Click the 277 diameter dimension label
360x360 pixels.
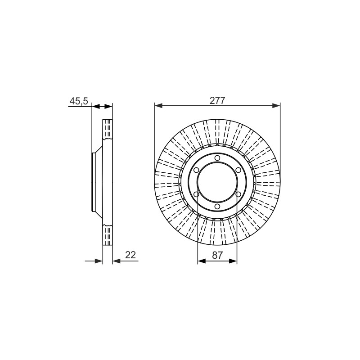pyautogui.click(x=217, y=100)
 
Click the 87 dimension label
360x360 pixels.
pyautogui.click(x=217, y=255)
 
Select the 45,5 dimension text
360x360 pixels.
pyautogui.click(x=79, y=101)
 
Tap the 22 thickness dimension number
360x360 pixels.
pyautogui.click(x=130, y=255)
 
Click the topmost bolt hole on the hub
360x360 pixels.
pyautogui.click(x=217, y=158)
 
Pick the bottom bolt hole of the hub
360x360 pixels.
pyautogui.click(x=217, y=207)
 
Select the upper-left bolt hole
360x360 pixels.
pyautogui.click(x=196, y=170)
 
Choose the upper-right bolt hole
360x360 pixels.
pyautogui.click(x=238, y=170)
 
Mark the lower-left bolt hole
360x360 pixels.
pyautogui.click(x=196, y=194)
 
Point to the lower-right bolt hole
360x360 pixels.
pyautogui.click(x=238, y=194)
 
